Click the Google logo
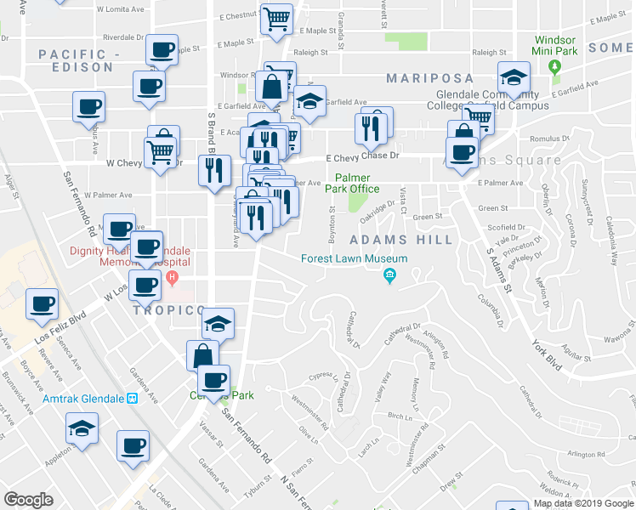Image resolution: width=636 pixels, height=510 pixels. pyautogui.click(x=28, y=500)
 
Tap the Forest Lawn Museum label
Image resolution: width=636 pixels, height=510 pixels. pyautogui.click(x=355, y=259)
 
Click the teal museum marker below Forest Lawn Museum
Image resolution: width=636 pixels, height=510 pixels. pyautogui.click(x=389, y=275)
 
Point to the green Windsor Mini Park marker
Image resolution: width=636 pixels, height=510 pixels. pyautogui.click(x=555, y=66)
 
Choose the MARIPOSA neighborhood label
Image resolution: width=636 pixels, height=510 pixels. pyautogui.click(x=429, y=78)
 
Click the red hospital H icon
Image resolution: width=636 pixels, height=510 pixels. pyautogui.click(x=173, y=278)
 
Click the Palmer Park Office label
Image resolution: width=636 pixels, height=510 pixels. pyautogui.click(x=350, y=183)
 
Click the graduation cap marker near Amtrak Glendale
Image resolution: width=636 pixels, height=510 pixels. pyautogui.click(x=82, y=428)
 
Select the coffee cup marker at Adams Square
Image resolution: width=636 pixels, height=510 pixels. pyautogui.click(x=462, y=153)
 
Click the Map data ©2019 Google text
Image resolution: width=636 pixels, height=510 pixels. pyautogui.click(x=583, y=502)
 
